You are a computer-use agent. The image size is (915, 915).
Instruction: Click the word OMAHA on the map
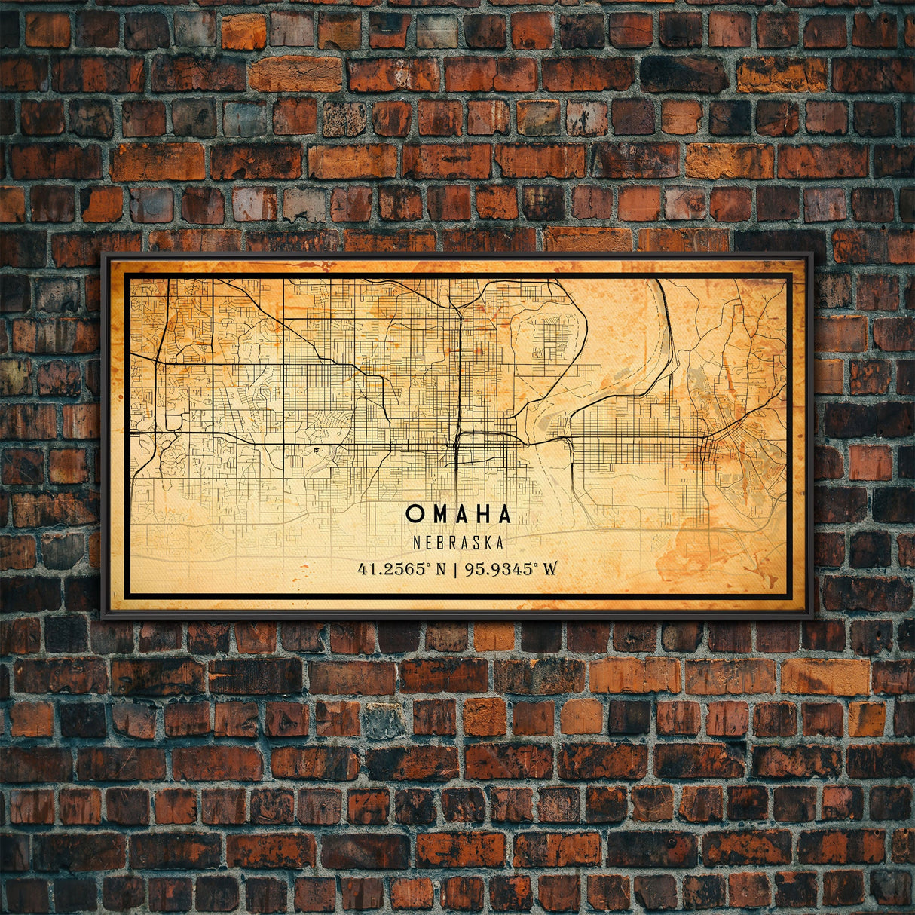coord(458,514)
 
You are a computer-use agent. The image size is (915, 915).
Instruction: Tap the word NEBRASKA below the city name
coord(458,542)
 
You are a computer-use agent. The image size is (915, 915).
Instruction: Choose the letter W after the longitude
coord(550,568)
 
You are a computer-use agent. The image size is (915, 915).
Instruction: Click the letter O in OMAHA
coord(414,514)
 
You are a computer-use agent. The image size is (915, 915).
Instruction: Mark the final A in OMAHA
coord(503,514)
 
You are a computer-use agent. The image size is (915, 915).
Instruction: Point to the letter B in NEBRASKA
coord(439,542)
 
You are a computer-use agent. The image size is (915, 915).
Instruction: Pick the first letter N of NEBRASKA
coord(417,542)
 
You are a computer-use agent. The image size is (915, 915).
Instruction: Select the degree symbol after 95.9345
coord(537,565)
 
